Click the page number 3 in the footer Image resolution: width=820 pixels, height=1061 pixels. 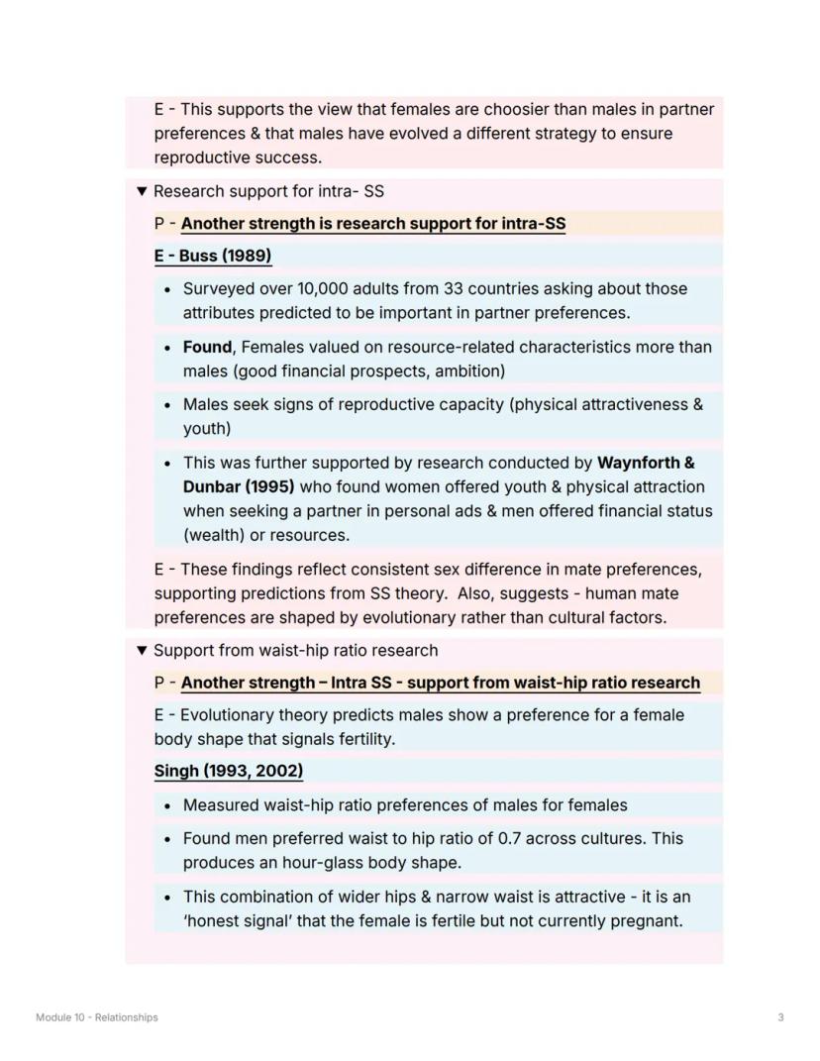tap(780, 1017)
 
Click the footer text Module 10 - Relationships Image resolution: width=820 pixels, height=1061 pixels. tap(96, 1017)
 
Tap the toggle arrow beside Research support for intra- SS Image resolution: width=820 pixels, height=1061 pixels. tap(142, 191)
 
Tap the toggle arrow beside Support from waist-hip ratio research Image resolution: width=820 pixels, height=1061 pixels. tap(142, 651)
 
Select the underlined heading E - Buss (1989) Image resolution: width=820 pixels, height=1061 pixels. tap(212, 256)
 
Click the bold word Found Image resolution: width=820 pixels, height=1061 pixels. tap(206, 347)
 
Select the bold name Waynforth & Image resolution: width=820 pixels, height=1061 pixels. tap(646, 463)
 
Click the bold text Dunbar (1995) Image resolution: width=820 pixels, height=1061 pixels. tap(239, 486)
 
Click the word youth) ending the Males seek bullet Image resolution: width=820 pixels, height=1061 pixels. tap(207, 428)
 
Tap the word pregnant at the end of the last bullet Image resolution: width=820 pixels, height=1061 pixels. tap(647, 920)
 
